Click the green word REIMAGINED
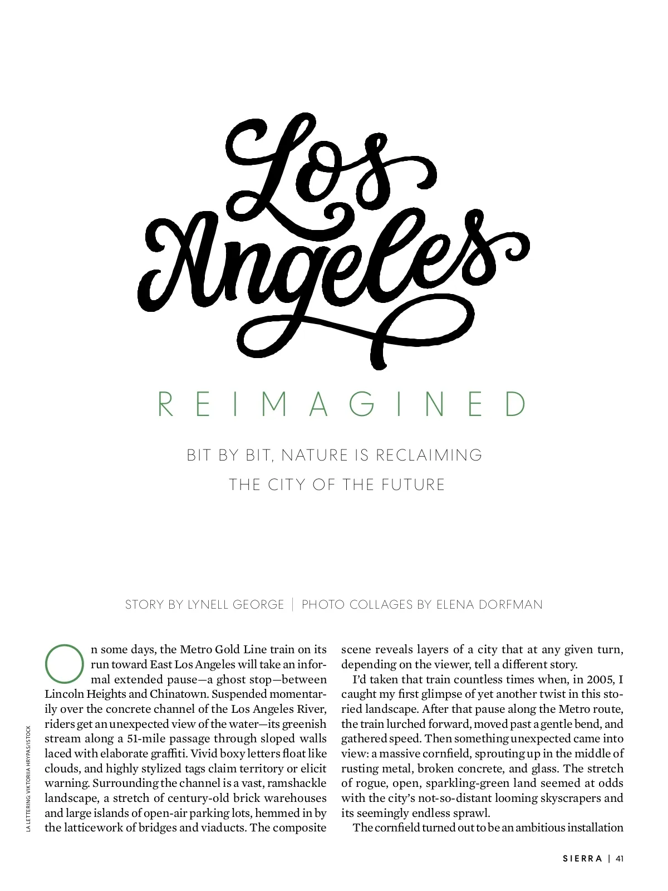click(x=342, y=404)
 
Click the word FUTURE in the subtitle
click(x=413, y=484)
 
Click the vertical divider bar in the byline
click(x=293, y=604)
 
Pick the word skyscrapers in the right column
click(x=568, y=798)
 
